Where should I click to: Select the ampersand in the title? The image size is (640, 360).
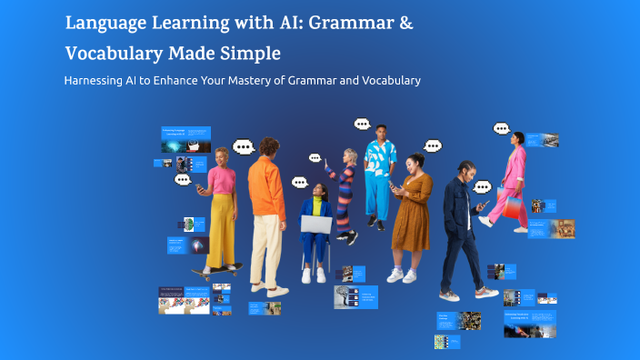click(x=405, y=23)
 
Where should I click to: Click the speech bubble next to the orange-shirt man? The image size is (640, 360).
click(x=243, y=146)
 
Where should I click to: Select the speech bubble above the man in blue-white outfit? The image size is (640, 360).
click(x=362, y=124)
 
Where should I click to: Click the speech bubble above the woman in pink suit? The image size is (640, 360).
click(x=502, y=129)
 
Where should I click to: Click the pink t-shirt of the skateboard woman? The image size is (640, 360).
click(x=222, y=179)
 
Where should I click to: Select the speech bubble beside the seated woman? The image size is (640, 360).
click(x=300, y=182)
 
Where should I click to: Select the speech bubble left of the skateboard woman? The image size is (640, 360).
click(x=185, y=181)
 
